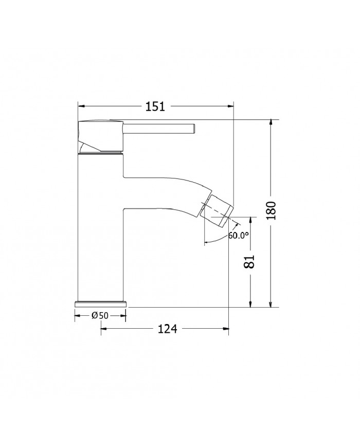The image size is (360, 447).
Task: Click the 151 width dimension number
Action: [x=155, y=106]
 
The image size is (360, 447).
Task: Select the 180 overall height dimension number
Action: [x=273, y=211]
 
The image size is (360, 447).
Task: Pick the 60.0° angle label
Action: [x=238, y=236]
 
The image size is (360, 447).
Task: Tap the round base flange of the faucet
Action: [x=101, y=303]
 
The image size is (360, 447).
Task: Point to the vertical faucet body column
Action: [x=100, y=226]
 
